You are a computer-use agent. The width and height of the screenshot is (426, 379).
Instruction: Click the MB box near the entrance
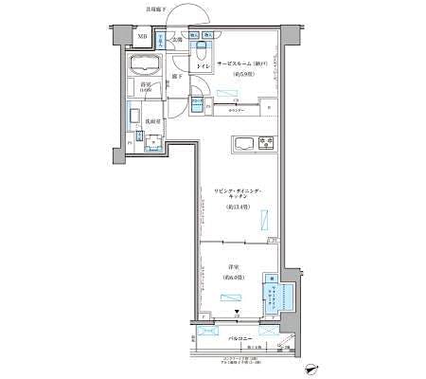(141, 37)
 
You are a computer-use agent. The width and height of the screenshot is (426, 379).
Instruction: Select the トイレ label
(202, 65)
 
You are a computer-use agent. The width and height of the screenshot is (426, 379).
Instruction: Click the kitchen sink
(242, 145)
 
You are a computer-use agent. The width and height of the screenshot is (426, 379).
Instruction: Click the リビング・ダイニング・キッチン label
(237, 196)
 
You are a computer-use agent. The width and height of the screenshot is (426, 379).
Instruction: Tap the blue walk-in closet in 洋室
(281, 299)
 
